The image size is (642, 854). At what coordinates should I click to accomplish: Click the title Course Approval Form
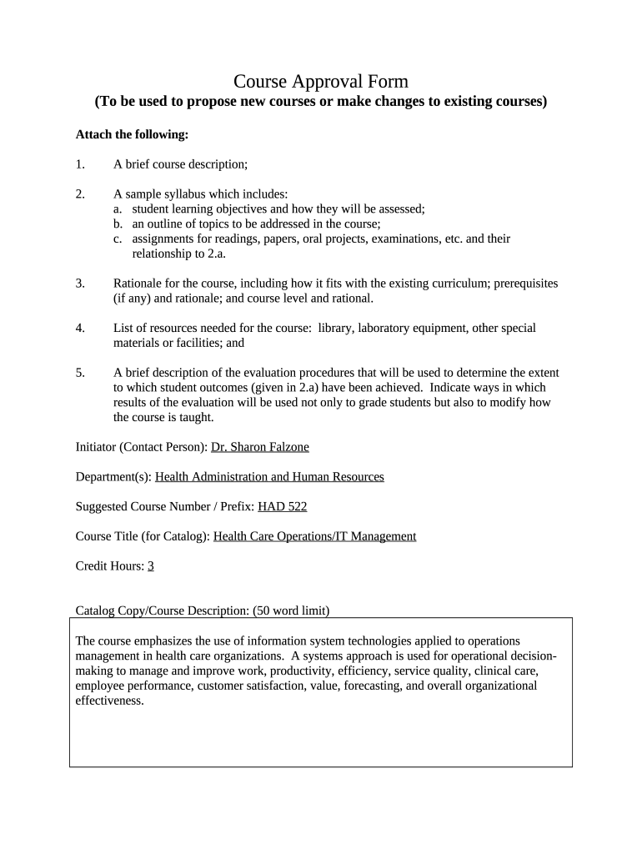(x=321, y=81)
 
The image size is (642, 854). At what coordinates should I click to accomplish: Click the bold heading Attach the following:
(x=132, y=134)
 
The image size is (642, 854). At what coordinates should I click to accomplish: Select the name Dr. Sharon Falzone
(x=260, y=447)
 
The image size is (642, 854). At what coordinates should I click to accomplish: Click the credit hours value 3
(x=151, y=566)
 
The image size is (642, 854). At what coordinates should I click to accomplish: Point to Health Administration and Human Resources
(x=269, y=477)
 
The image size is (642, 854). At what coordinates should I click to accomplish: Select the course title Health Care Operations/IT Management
(x=314, y=536)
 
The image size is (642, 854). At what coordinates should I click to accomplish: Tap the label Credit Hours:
(x=109, y=566)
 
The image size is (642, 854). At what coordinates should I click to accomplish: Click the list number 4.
(x=80, y=328)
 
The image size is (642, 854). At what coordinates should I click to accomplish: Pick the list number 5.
(x=80, y=373)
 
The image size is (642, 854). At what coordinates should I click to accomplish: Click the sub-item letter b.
(x=119, y=224)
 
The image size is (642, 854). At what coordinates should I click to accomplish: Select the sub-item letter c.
(x=119, y=239)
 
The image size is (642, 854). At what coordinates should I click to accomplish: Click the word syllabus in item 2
(x=193, y=193)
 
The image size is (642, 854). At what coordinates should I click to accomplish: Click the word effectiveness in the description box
(x=109, y=701)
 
